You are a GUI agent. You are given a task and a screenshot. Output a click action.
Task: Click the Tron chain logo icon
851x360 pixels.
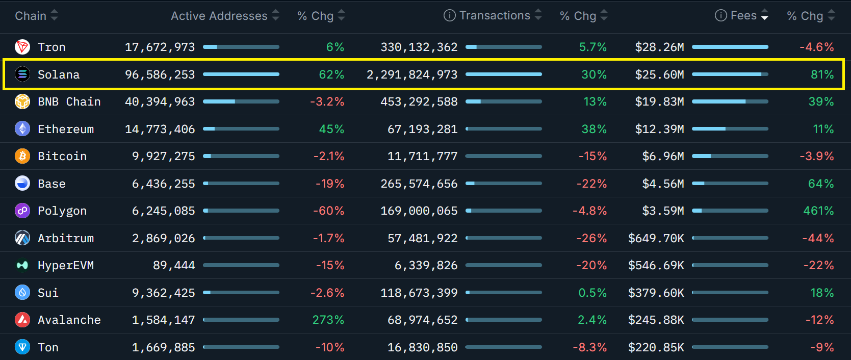22,47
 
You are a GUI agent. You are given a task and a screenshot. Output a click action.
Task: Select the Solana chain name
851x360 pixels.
59,74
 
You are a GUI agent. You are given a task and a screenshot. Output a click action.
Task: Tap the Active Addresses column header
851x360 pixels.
219,16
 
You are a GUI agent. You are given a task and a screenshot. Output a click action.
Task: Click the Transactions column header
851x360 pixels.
495,15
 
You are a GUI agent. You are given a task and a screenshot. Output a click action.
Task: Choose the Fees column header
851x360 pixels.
743,15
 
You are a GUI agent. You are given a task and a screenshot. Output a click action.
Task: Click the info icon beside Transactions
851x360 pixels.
449,15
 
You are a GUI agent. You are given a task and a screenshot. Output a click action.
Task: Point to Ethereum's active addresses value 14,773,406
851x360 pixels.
160,129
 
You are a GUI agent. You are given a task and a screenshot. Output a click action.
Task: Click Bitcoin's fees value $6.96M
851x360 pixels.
663,156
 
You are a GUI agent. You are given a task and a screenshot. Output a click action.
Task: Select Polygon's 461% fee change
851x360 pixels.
818,211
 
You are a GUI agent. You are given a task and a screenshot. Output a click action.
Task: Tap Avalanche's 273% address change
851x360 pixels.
328,320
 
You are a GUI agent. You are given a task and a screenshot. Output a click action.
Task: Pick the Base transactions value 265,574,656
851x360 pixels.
419,184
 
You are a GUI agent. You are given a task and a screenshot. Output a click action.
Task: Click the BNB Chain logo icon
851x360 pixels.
22,101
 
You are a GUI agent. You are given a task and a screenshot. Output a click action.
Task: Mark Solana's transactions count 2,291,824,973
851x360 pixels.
411,74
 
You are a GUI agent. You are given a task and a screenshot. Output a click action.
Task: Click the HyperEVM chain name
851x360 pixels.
66,265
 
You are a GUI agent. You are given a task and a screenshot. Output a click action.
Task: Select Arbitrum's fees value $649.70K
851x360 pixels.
656,238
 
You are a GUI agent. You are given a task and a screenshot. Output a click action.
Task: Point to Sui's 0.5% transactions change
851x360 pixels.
592,293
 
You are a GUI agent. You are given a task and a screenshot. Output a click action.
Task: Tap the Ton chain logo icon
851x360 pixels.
22,347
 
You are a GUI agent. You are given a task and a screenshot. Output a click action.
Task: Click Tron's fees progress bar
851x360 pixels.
730,47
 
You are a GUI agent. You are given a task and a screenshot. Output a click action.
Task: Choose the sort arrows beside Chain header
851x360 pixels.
54,15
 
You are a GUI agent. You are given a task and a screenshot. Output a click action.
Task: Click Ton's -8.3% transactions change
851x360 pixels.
589,347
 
